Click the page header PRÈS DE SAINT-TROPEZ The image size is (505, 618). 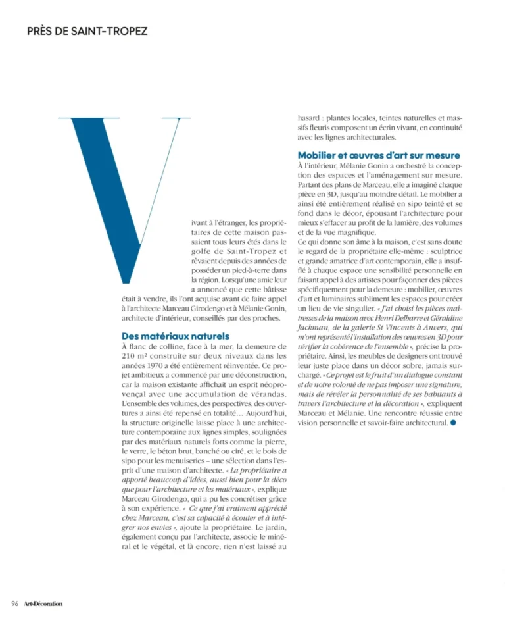tap(87, 31)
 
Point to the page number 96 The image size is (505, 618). tap(14, 604)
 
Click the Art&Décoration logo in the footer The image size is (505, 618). tap(43, 604)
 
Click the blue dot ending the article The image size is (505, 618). tap(453, 423)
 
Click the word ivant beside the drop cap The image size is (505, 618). tap(195, 223)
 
